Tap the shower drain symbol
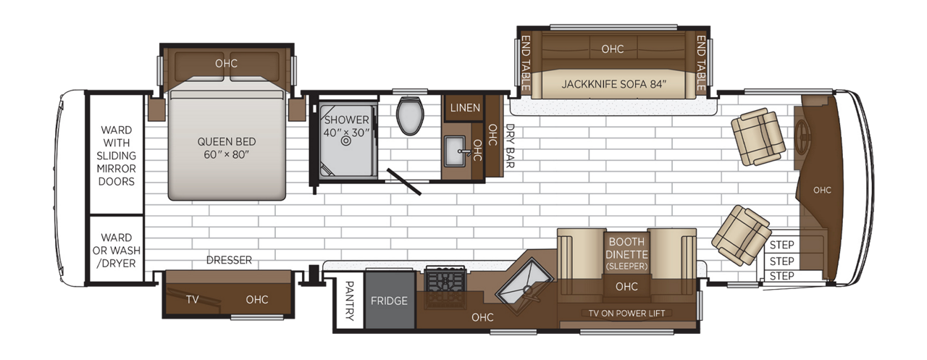(x=345, y=142)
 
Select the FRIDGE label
(x=390, y=301)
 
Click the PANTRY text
(x=349, y=301)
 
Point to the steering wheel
(x=804, y=136)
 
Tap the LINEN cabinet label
(x=465, y=108)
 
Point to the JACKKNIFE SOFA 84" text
(x=613, y=83)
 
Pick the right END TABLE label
(x=700, y=64)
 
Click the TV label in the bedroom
(x=193, y=299)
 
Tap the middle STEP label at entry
(x=781, y=261)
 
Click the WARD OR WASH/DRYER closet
(x=116, y=250)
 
